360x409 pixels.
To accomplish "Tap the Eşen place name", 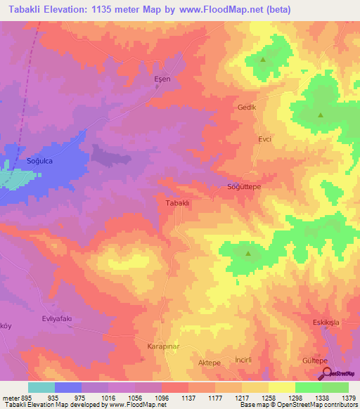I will pos(162,79).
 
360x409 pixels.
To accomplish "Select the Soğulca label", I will pos(40,161).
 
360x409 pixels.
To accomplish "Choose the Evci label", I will pos(264,139).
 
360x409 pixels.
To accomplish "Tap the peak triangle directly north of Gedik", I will pos(263,59).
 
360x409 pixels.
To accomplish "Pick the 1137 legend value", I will pos(188,397).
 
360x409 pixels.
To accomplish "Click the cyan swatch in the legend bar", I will pos(41,387).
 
